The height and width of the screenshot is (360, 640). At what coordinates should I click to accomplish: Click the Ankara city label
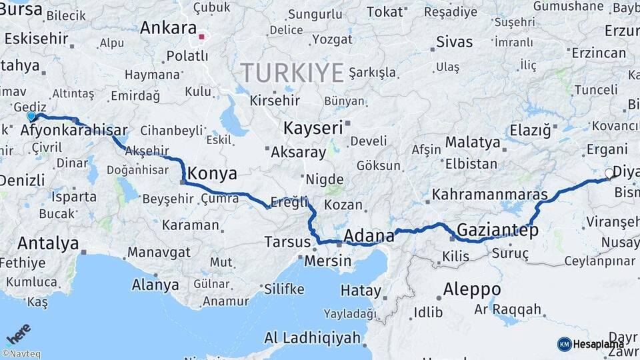pos(168,29)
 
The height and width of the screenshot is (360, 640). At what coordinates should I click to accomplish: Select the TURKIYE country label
pos(292,72)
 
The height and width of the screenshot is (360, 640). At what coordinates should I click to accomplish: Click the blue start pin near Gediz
pos(31,116)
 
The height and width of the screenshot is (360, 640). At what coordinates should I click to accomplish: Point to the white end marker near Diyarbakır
pos(609,173)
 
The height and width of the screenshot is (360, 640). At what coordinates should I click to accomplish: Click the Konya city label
pos(212,174)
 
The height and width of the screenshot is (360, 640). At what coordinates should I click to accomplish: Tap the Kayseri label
pos(313,128)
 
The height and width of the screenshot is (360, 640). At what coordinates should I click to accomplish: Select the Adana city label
pos(369,235)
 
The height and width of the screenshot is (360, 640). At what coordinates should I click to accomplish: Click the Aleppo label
pos(472,289)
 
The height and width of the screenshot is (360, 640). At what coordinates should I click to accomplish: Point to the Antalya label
pos(48,243)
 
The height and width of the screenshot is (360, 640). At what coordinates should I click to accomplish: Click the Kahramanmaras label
pos(489,195)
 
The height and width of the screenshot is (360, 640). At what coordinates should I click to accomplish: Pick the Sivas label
pos(454,42)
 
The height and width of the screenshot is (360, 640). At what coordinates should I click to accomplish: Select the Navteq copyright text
pos(21,354)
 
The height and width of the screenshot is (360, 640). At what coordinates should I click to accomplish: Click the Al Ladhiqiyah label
pos(313,337)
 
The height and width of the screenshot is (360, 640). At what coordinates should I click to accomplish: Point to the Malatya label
pos(472,142)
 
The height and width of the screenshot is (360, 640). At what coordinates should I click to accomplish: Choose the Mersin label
pos(327,261)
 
